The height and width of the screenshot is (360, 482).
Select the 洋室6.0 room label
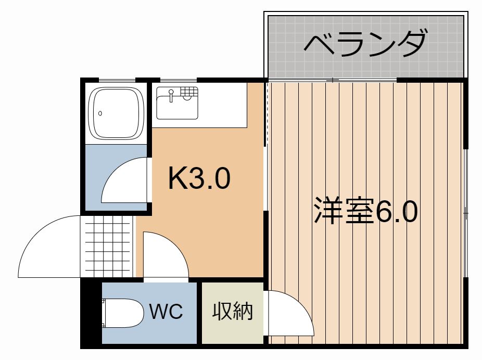(365, 211)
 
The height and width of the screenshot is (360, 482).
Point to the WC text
(166, 311)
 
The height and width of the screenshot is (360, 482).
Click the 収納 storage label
(233, 311)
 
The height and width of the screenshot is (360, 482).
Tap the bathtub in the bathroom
(116, 113)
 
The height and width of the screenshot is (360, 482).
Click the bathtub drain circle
(100, 113)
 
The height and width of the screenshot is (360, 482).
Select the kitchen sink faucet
(171, 95)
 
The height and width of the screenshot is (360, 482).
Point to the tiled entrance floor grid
(107, 247)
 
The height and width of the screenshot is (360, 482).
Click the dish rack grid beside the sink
(189, 92)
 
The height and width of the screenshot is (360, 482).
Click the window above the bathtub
(117, 81)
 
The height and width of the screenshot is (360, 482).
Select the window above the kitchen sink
(179, 81)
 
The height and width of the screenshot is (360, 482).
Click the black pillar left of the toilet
(91, 312)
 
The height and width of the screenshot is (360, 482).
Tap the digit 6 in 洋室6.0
(382, 211)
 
